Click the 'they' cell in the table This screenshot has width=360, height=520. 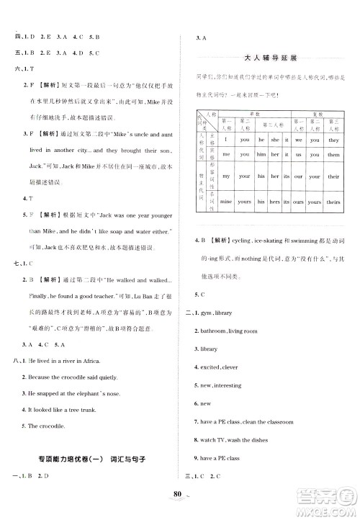(333, 140)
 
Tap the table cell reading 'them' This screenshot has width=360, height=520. (333, 155)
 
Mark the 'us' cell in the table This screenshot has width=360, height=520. (298, 155)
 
